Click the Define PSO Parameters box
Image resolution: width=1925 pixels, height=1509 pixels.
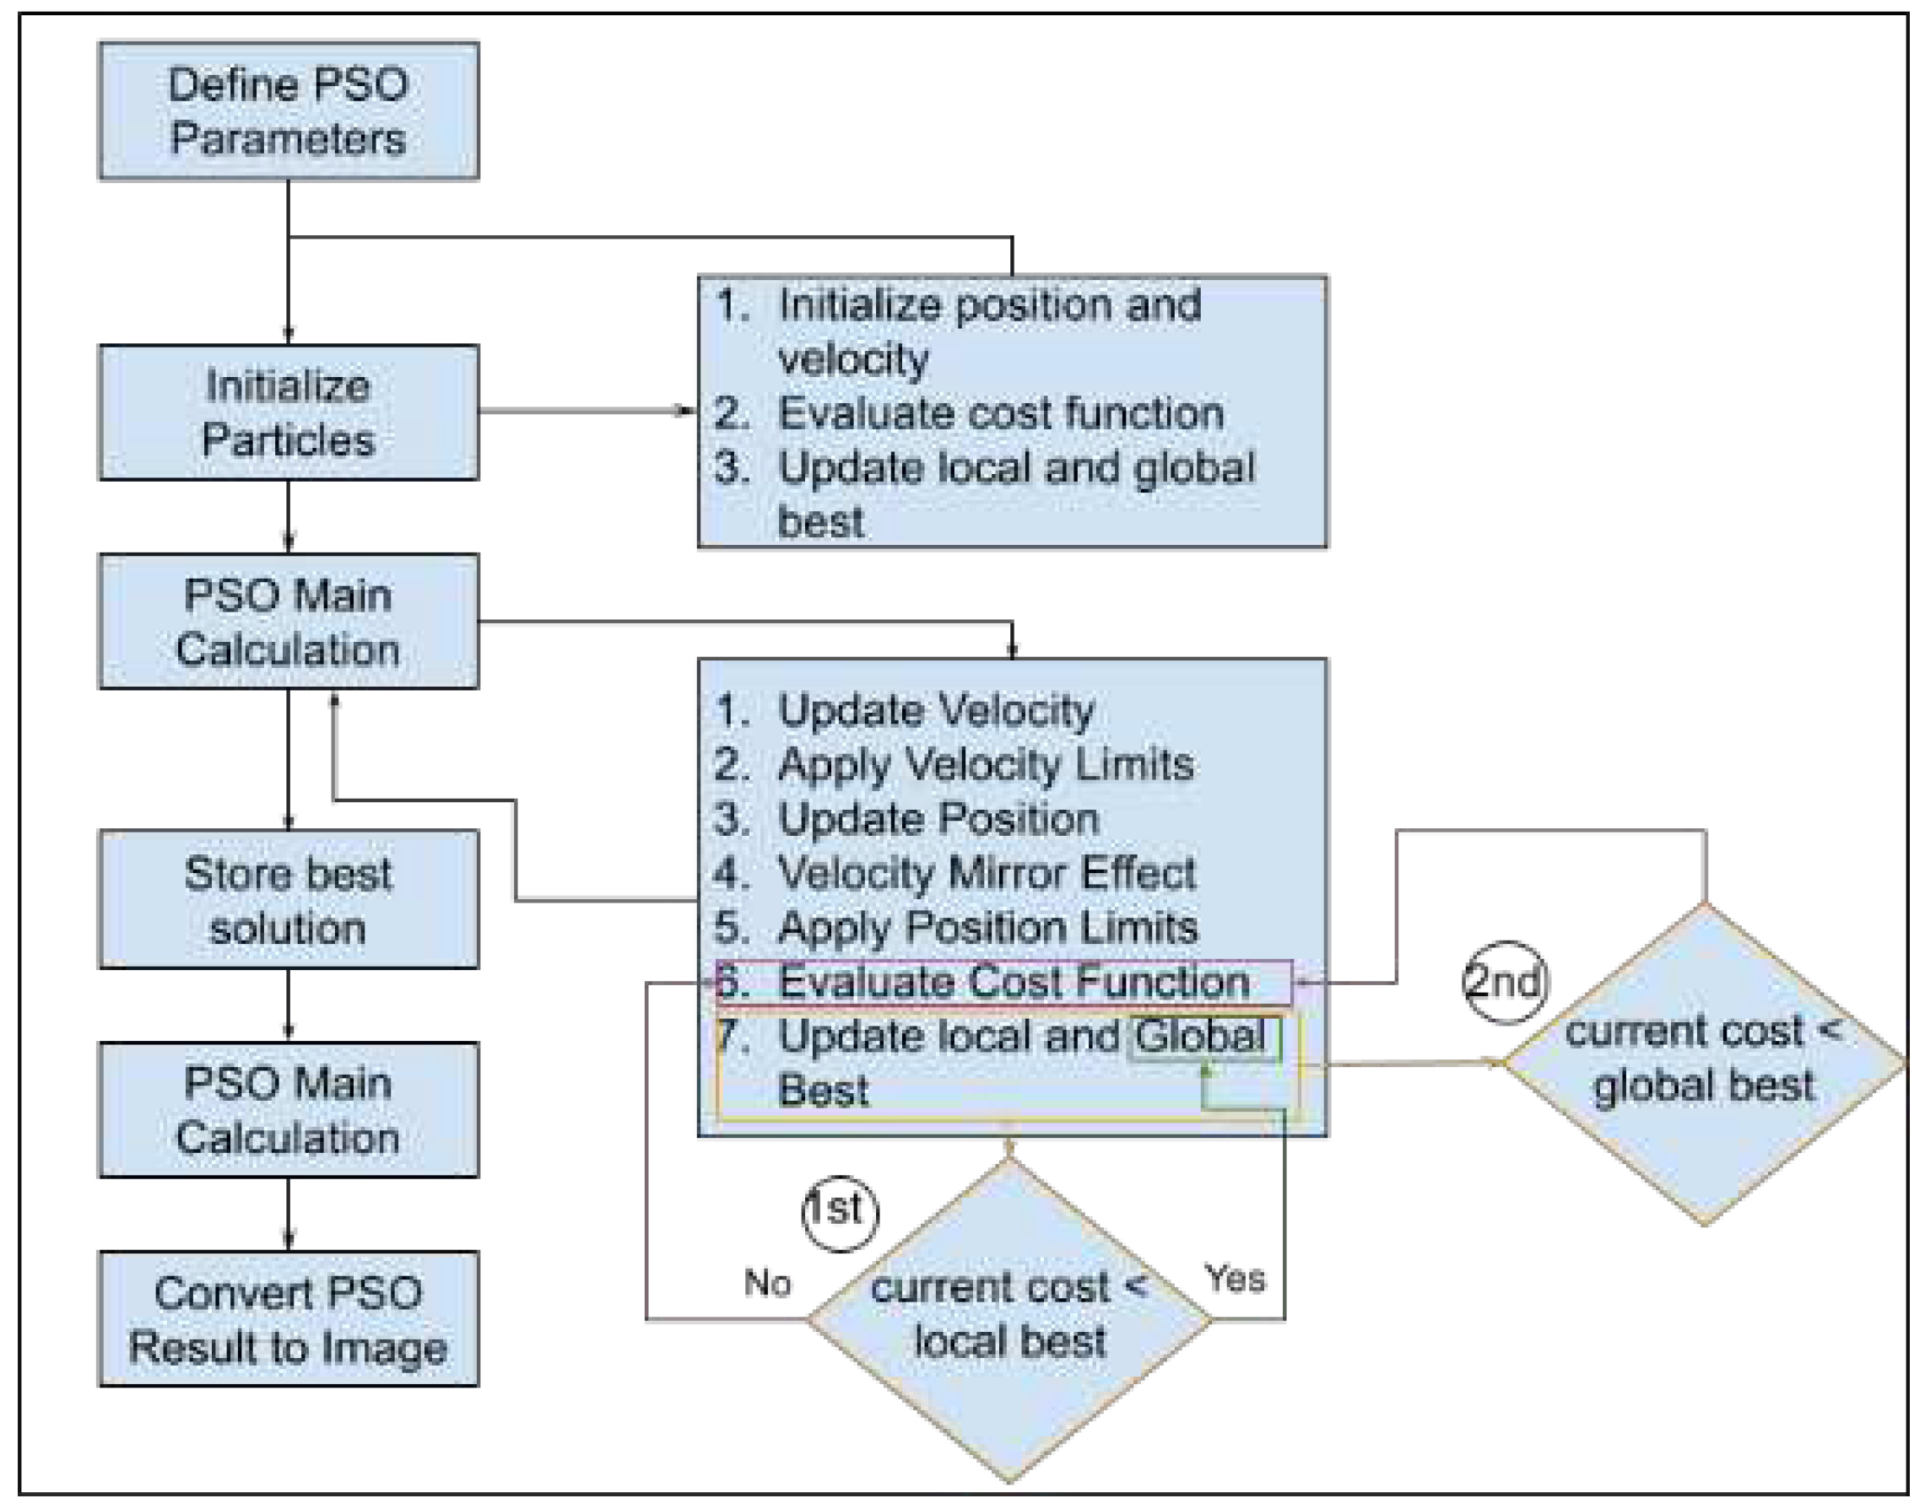(288, 111)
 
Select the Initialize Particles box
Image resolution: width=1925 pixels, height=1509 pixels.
(288, 412)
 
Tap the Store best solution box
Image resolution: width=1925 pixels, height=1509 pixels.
(288, 899)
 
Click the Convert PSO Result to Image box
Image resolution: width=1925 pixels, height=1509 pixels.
(288, 1319)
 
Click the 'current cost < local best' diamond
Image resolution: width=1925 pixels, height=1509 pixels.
(1009, 1319)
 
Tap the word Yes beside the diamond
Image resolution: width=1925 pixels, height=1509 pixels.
(1235, 1278)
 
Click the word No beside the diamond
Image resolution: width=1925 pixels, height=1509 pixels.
(767, 1282)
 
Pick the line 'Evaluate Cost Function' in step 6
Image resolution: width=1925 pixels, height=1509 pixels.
(1013, 982)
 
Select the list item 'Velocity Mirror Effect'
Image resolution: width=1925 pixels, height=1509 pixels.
(987, 873)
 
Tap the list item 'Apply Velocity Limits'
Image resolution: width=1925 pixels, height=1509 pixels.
(985, 764)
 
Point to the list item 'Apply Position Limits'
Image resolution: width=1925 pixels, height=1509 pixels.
(987, 928)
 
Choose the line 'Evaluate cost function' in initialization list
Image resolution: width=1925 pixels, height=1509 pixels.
(1001, 413)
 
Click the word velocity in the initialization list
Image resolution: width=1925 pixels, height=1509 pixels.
(853, 359)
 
